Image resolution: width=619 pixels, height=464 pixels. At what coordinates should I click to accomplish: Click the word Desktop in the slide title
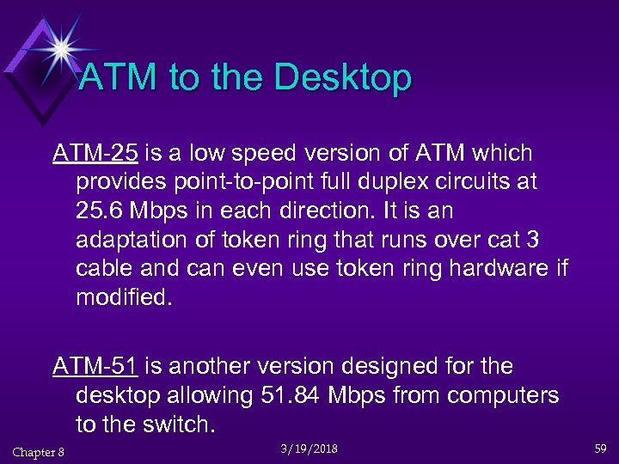coord(346,79)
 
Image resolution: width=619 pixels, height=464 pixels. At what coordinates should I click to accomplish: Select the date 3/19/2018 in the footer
coord(309,449)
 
